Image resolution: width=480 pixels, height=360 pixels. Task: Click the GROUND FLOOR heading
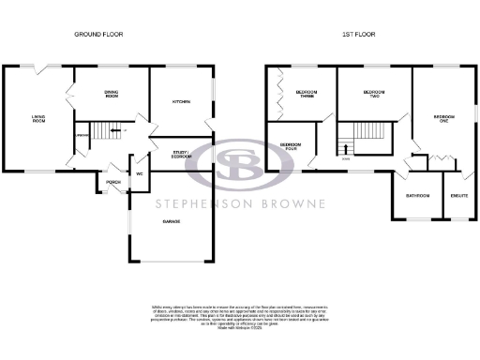[98, 35]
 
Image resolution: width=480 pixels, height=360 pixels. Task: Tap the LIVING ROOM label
[38, 119]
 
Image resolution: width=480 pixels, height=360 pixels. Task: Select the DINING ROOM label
[112, 95]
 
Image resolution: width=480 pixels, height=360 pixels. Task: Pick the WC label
[139, 174]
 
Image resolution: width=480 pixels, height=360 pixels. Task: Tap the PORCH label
[113, 182]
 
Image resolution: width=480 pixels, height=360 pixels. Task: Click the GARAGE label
[172, 221]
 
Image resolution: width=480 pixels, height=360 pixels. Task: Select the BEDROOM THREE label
[306, 94]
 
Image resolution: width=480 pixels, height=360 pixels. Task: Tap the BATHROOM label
[417, 196]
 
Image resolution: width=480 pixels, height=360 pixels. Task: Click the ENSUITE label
[458, 196]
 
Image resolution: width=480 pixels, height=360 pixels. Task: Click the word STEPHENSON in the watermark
[201, 202]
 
